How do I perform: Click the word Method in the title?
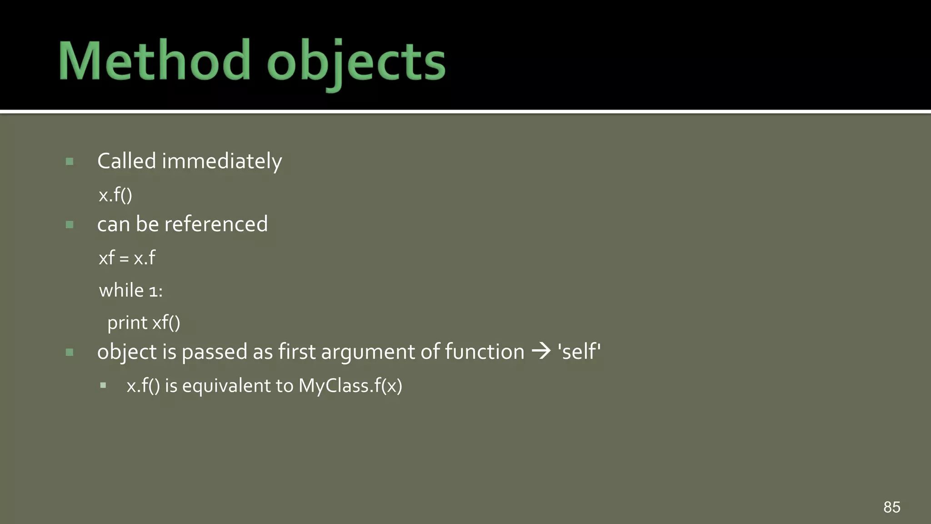click(155, 61)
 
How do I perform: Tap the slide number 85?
click(891, 507)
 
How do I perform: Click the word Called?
click(127, 161)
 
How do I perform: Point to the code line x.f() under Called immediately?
click(115, 195)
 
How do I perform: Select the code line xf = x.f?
click(127, 258)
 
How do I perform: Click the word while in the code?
click(121, 290)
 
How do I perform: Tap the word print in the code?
click(127, 323)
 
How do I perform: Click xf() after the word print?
click(166, 323)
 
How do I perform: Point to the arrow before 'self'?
click(541, 351)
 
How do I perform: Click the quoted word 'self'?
click(579, 352)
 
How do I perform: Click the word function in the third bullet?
click(484, 352)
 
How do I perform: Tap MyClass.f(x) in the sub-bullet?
click(350, 386)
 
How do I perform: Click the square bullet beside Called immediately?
click(70, 161)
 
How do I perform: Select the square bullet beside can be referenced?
click(70, 225)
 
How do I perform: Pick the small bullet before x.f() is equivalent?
click(103, 385)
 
